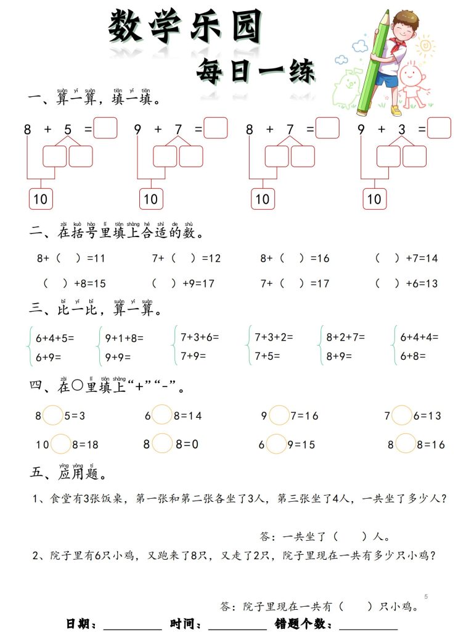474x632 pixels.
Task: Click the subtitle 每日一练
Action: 255,72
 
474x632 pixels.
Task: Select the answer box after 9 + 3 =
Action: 439,128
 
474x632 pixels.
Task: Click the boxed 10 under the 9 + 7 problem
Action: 151,199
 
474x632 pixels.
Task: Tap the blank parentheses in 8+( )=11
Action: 68,259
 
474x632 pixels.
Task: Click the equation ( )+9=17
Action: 182,284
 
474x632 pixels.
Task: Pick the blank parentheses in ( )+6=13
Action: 387,284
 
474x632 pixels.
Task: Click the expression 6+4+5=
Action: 55,338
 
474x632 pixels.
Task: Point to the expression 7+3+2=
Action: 274,338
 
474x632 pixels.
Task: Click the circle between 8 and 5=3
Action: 53,415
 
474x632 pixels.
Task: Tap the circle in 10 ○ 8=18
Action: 61,444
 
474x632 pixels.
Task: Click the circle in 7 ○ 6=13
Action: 402,415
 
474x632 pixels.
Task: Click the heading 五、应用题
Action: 70,474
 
